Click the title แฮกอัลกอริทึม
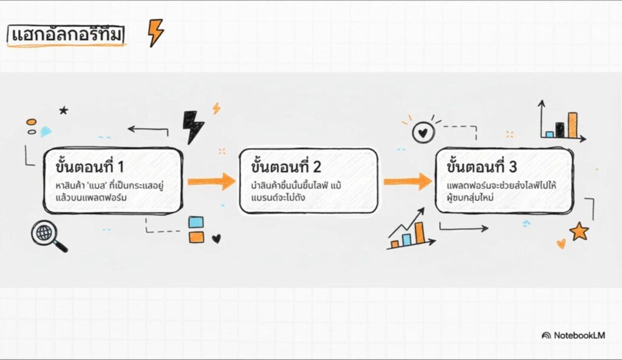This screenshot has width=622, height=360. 67,36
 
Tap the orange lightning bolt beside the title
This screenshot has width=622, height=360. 156,33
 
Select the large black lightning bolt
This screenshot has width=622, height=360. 194,126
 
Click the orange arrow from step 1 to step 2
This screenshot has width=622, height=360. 211,181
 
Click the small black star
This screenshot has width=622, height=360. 63,110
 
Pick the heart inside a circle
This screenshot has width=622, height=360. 423,133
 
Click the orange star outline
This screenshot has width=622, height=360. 579,231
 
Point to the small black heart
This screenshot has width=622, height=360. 216,239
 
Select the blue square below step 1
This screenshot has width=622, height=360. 196,222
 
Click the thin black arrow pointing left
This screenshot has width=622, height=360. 148,129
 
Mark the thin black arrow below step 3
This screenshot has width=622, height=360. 463,228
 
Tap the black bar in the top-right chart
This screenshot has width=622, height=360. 559,129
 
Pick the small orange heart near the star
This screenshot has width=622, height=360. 561,243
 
